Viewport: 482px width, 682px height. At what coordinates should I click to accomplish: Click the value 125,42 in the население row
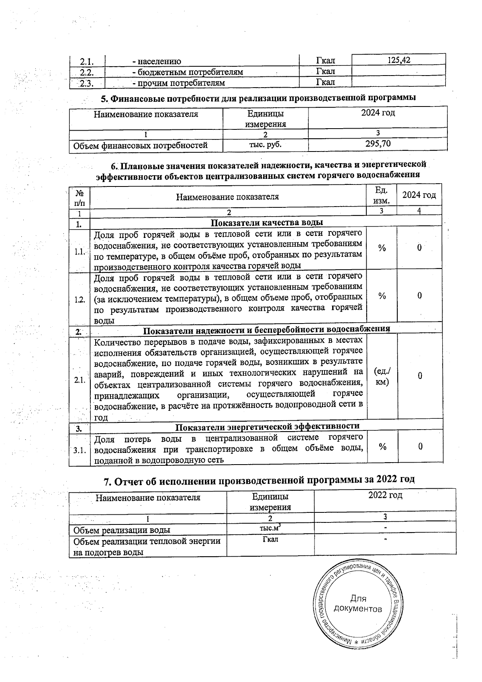coord(398,60)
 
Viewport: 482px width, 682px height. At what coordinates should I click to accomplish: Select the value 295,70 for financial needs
coord(378,144)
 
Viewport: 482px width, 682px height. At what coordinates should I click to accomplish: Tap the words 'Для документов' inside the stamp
coord(357,604)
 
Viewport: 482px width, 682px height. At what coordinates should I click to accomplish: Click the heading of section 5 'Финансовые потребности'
coord(263,98)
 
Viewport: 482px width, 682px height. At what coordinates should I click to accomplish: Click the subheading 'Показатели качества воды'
coord(267,223)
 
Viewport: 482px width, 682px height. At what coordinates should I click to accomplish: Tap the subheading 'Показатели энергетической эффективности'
coord(268,426)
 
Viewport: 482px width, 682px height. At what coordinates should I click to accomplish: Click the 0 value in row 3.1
coord(420,446)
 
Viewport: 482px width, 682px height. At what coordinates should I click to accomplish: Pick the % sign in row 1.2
coord(382,296)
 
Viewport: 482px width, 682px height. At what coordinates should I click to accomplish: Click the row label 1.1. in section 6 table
coord(79,252)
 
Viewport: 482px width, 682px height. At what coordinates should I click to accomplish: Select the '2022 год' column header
coord(385,495)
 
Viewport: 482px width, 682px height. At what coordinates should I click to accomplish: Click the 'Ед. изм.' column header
coord(382,195)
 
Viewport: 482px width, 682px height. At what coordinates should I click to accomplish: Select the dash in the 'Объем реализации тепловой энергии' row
coord(385,539)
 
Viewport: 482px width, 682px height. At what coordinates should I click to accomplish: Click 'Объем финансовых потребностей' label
coord(140,145)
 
